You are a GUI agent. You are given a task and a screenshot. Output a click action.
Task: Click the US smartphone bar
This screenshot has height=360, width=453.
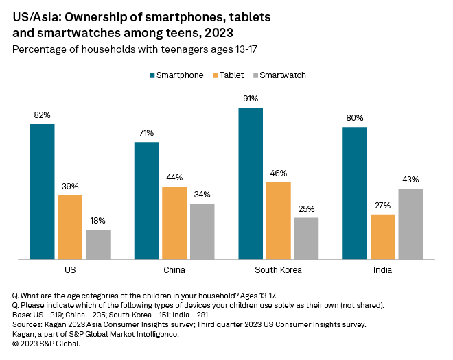[x=42, y=191]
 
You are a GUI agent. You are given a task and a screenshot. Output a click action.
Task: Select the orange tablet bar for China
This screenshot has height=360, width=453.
[x=174, y=223]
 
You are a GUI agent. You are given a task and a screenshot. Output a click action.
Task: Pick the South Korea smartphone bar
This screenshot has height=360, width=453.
[x=251, y=183]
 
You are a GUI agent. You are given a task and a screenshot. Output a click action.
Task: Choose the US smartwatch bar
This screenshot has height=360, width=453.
[x=98, y=244]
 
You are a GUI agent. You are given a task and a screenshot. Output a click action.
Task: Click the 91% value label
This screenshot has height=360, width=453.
[x=251, y=98]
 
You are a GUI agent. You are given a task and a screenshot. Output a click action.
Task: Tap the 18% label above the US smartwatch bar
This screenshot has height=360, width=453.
[x=98, y=221]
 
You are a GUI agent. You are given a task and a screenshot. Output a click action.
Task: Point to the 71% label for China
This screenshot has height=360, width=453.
[x=146, y=133]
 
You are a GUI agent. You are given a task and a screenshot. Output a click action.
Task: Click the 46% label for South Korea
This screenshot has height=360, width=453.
[x=279, y=173]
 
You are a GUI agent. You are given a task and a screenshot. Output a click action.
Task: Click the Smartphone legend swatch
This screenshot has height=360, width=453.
[x=152, y=75]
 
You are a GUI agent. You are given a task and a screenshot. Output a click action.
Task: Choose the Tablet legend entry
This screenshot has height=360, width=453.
[x=233, y=75]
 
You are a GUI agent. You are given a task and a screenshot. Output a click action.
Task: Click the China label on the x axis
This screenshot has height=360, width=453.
[x=174, y=270]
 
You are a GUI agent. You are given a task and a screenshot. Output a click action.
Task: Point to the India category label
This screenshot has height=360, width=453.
[x=382, y=270]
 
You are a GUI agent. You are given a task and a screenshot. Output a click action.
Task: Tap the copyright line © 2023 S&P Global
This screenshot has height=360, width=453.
[x=46, y=343]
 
